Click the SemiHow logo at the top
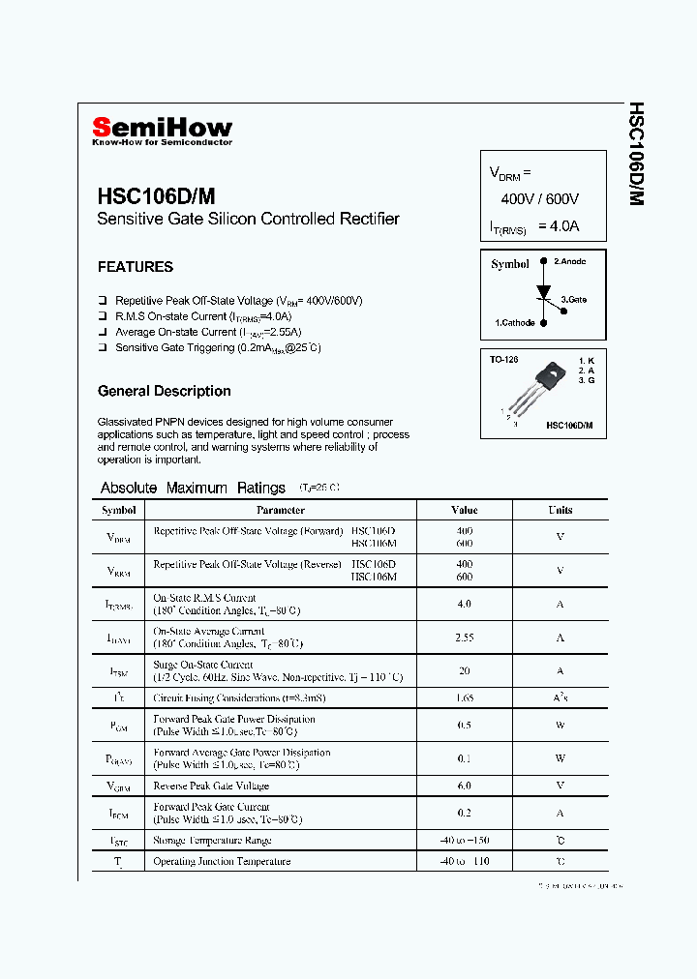click(x=162, y=129)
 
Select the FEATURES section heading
click(x=136, y=267)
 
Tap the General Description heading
click(x=164, y=392)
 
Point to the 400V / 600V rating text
click(x=539, y=199)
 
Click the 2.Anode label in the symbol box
click(x=569, y=262)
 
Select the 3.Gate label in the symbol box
click(x=574, y=300)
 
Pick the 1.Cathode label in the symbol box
click(x=514, y=323)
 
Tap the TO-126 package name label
click(x=503, y=360)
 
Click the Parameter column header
click(x=281, y=510)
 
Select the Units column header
click(x=561, y=510)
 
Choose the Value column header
click(x=465, y=510)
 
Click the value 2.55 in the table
click(x=465, y=638)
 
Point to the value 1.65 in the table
click(x=465, y=697)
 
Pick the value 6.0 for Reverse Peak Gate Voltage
click(x=465, y=786)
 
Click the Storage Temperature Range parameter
click(x=212, y=841)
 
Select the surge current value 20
click(x=465, y=670)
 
